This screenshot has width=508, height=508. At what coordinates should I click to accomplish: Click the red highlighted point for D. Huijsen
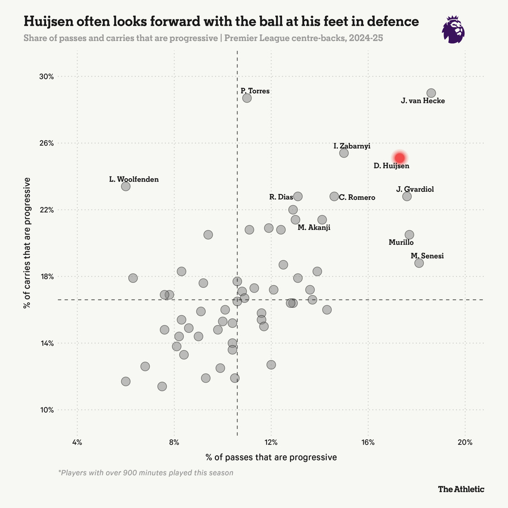[400, 157]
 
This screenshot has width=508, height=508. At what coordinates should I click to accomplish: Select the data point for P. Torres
[247, 98]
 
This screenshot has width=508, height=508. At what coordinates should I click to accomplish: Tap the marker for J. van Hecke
[431, 93]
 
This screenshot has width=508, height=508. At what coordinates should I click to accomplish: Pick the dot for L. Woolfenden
[126, 186]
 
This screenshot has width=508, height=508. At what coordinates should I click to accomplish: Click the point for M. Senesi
[419, 263]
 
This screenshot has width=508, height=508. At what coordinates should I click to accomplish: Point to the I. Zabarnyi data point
[344, 153]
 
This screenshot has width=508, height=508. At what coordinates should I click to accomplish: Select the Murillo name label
[401, 243]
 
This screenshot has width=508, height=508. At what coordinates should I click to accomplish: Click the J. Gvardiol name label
[415, 189]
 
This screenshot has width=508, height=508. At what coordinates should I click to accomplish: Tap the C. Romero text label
[357, 198]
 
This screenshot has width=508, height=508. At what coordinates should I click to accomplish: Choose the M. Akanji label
[314, 228]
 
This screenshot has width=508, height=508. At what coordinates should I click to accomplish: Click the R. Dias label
[281, 197]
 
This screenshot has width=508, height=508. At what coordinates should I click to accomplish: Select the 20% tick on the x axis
[465, 443]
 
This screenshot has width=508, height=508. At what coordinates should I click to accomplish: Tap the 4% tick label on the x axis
[77, 443]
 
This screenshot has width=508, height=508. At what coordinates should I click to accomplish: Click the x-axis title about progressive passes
[271, 457]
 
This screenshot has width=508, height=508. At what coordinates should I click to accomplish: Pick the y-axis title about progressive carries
[28, 243]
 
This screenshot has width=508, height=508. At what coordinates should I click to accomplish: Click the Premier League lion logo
[453, 30]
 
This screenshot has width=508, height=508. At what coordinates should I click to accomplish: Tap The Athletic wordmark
[461, 489]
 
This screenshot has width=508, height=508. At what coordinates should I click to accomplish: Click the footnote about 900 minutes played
[146, 472]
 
